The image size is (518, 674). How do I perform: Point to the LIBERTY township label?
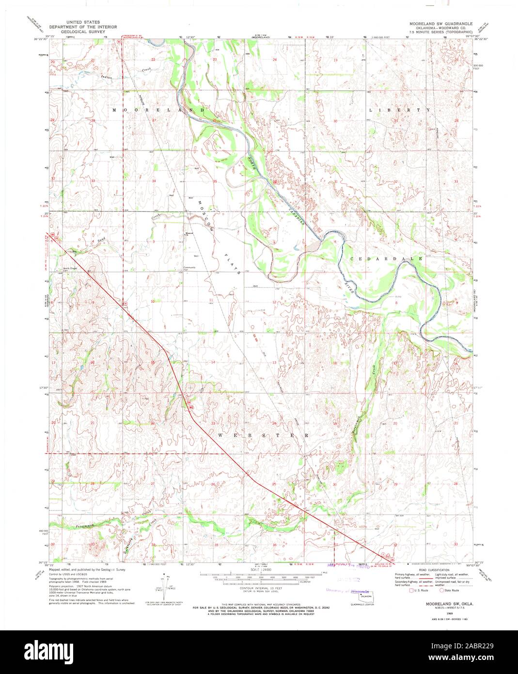(x=400, y=110)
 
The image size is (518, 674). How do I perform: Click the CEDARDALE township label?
(x=386, y=259)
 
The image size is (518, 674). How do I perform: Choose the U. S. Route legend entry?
(x=420, y=590)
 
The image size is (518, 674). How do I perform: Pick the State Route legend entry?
(x=449, y=590)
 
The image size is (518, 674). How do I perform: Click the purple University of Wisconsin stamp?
(x=348, y=591)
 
